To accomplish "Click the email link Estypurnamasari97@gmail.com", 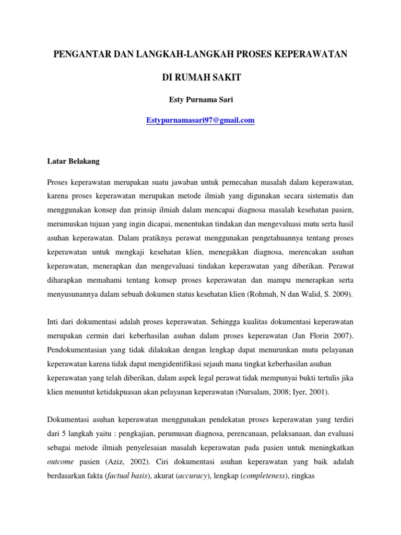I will point(200,120).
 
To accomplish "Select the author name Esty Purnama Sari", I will point(200,99).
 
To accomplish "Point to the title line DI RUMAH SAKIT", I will point(200,77).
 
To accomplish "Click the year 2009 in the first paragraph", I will point(343,294).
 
